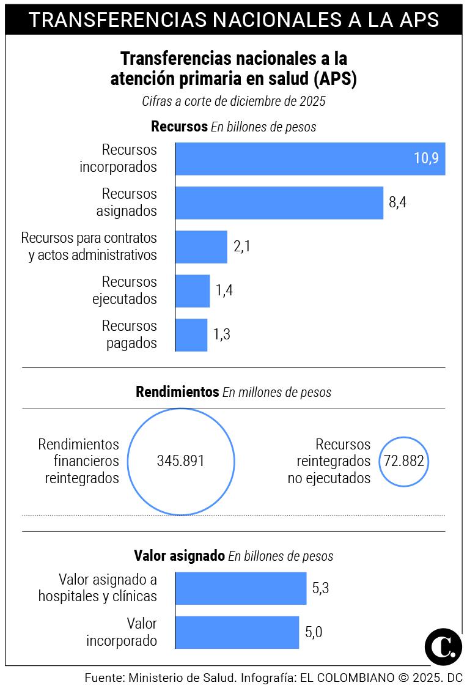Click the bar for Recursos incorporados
(x=293, y=159)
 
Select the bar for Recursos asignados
(x=279, y=203)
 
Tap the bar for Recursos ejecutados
(x=193, y=291)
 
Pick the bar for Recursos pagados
(x=191, y=335)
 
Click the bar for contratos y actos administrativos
(x=201, y=247)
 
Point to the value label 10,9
(x=426, y=159)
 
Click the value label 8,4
(x=397, y=203)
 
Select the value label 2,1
(x=242, y=247)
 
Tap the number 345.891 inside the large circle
(x=181, y=461)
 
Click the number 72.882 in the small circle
(x=403, y=461)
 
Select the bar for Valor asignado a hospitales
(x=241, y=588)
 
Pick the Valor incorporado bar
(x=237, y=632)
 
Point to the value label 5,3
(x=321, y=588)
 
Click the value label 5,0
(x=314, y=632)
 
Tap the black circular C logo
(x=443, y=646)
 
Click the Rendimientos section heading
(x=177, y=392)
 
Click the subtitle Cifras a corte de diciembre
(x=233, y=102)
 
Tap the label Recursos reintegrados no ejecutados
(x=329, y=461)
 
